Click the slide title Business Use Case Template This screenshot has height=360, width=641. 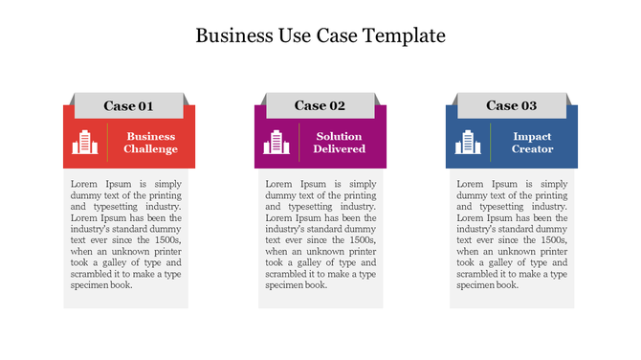tap(320, 36)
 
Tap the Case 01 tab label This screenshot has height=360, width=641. tap(128, 106)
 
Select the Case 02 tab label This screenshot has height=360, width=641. tap(320, 106)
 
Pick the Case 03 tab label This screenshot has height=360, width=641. tap(511, 106)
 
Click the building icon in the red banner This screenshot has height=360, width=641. tap(86, 143)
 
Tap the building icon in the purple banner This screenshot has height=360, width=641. tap(277, 143)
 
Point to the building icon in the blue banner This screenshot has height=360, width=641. tap(468, 143)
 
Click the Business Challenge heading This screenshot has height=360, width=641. tap(150, 143)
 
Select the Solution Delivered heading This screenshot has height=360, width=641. tap(340, 143)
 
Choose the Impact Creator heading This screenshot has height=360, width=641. tap(532, 143)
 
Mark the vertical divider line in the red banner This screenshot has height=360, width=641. tap(109, 143)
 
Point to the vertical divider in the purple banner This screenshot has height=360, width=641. tap(300, 143)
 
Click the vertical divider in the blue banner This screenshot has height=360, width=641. tap(491, 143)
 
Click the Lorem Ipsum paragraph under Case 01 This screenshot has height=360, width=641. tap(126, 234)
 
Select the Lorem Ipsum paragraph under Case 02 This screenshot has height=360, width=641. tap(320, 234)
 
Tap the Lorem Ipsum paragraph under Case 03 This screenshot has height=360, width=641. tap(512, 234)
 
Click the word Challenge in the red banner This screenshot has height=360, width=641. tap(150, 149)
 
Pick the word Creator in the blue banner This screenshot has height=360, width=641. tap(532, 149)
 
